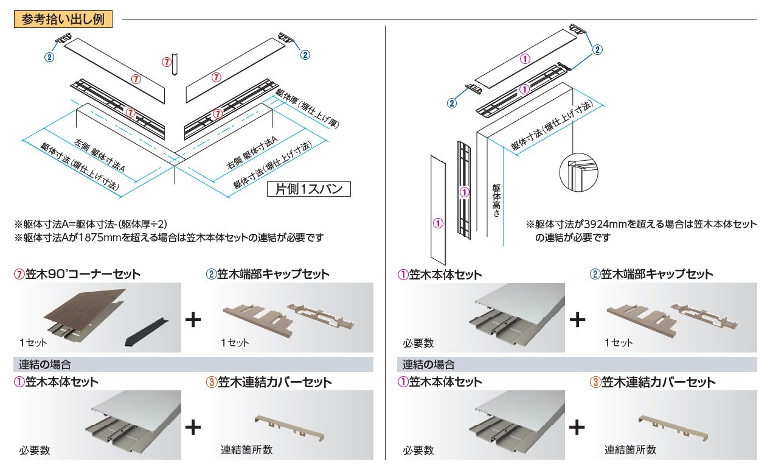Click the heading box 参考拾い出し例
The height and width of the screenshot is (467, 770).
(x=63, y=19)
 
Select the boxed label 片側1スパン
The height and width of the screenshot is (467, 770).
(x=309, y=189)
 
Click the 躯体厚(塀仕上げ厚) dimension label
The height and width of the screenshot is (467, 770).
(x=307, y=107)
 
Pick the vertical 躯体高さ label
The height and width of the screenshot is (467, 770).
(x=496, y=200)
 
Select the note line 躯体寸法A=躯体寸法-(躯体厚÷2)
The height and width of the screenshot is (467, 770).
(x=94, y=223)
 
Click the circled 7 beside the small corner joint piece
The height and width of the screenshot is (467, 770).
(x=167, y=62)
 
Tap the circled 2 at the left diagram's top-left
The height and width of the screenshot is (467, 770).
(x=49, y=57)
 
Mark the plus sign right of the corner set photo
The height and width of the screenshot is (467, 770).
(x=193, y=319)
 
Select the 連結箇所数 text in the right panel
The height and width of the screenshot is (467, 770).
(x=630, y=450)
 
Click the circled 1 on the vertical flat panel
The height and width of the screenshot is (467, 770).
(x=437, y=223)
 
